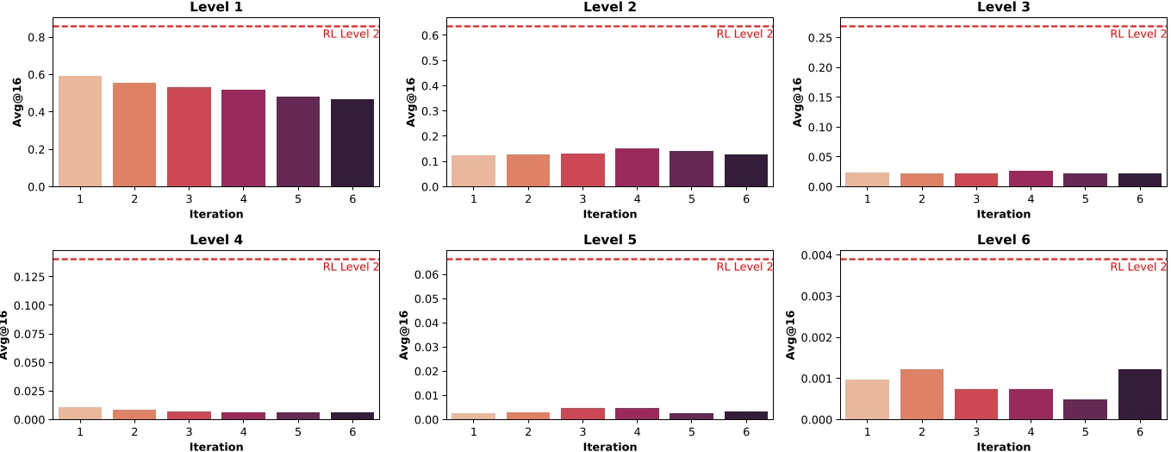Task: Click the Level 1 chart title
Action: pos(215,7)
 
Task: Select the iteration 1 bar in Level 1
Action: pos(80,131)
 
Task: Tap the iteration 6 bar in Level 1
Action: pos(352,142)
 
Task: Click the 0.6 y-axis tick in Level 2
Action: pos(432,35)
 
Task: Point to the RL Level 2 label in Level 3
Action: pos(1138,35)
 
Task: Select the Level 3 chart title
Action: pos(1003,7)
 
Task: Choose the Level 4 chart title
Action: pos(215,240)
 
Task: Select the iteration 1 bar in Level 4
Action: pos(80,413)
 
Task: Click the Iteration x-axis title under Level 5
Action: pos(609,447)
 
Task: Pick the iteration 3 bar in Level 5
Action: pos(582,414)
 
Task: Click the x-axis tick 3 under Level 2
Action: pos(582,199)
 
